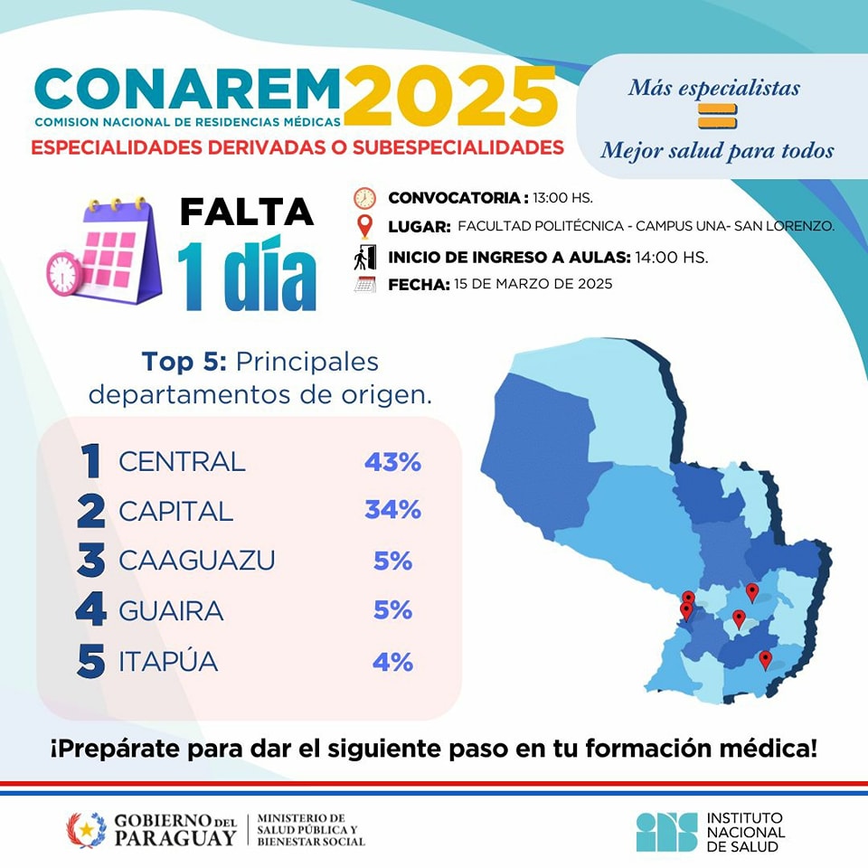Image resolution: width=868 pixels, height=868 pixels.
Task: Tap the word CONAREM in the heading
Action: click(187, 89)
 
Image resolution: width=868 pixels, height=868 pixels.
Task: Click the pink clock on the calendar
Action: click(63, 273)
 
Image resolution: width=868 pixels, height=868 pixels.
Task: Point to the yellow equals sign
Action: click(717, 117)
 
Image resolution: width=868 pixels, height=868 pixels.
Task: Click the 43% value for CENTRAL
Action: click(393, 462)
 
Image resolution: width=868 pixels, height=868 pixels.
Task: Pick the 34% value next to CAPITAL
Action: click(393, 510)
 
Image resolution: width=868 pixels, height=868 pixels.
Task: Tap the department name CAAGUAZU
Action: click(196, 561)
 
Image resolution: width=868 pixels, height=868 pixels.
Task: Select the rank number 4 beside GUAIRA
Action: click(90, 611)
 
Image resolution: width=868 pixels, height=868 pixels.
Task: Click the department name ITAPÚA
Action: click(168, 662)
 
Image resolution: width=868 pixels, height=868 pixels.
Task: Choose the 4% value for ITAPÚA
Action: click(393, 662)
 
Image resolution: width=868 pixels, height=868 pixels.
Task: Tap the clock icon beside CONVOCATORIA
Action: click(364, 198)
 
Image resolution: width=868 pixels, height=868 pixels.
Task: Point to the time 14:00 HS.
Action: click(671, 258)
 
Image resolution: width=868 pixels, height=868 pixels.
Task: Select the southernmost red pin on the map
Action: click(766, 659)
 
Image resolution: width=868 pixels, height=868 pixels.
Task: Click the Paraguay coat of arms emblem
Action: click(86, 829)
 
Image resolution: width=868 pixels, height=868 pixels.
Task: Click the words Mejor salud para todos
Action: click(717, 150)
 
